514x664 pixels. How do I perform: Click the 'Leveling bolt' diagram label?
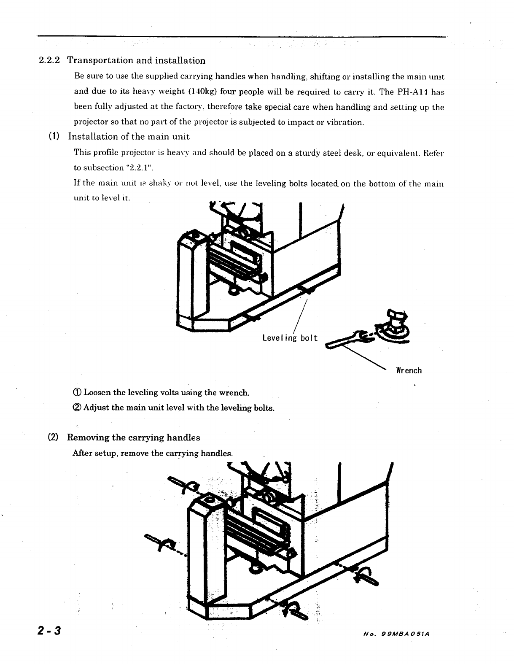(290, 338)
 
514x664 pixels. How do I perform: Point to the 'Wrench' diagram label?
(409, 371)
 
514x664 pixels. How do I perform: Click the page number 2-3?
(49, 631)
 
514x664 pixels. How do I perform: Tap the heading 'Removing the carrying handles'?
(134, 437)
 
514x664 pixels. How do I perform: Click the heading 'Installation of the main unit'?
(129, 137)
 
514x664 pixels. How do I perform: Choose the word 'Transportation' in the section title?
(100, 61)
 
